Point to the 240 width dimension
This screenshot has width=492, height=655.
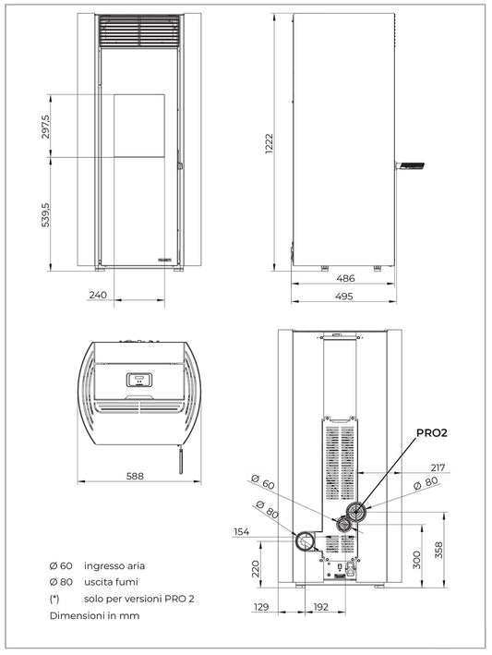[x=99, y=295]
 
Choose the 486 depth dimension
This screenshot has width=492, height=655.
[x=345, y=278]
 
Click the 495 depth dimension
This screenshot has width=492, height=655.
[x=345, y=296]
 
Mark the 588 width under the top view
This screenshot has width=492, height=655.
[x=135, y=476]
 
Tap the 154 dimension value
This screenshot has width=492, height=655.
[x=242, y=532]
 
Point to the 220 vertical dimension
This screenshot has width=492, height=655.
[x=255, y=566]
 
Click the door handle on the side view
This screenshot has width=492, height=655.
[x=411, y=165]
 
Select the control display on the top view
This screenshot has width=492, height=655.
[x=138, y=379]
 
